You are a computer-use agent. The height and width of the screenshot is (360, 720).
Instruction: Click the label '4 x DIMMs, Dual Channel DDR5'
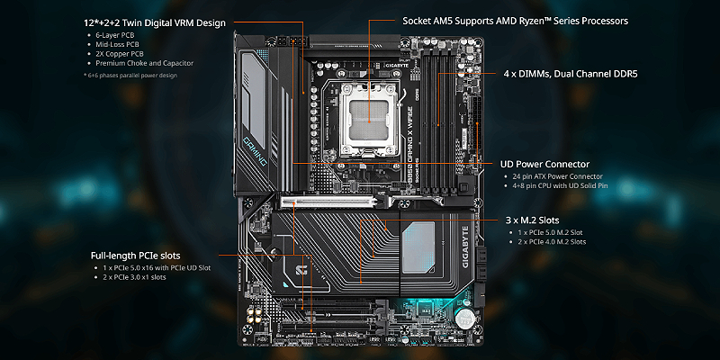570,73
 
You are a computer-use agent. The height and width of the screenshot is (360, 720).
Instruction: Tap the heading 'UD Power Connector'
544,165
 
